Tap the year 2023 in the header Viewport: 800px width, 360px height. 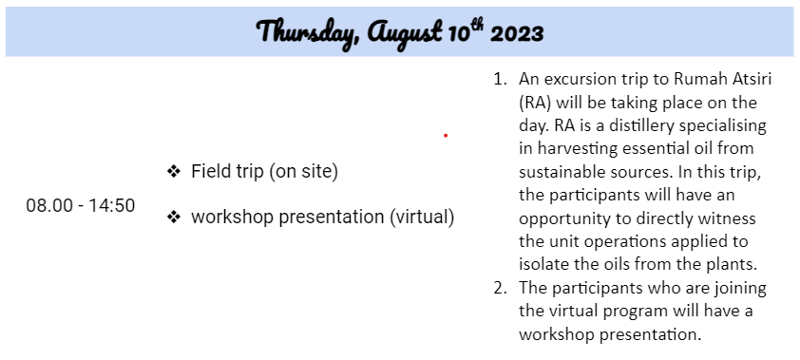click(516, 32)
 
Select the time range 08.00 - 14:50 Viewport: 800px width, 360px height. click(81, 205)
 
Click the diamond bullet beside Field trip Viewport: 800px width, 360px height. click(174, 172)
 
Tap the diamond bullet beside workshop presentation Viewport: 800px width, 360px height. click(174, 218)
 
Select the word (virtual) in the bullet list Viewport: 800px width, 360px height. click(422, 218)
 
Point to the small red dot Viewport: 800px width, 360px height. click(446, 135)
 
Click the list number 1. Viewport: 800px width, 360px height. click(500, 80)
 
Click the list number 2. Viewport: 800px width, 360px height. click(500, 288)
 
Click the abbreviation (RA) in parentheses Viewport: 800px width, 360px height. click(535, 103)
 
